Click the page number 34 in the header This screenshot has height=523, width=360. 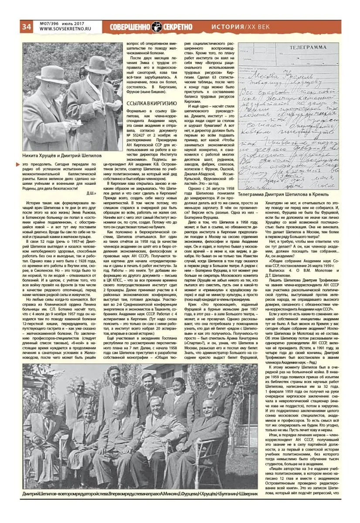26,27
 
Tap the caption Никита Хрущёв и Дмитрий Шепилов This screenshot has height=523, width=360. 62,155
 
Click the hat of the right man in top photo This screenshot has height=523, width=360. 98,64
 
